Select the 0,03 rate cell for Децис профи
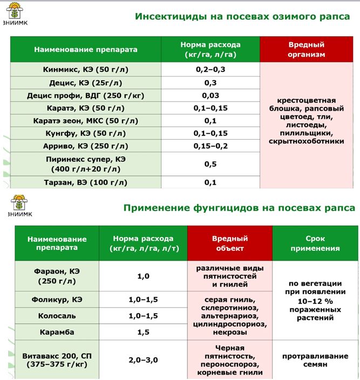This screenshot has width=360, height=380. [x=210, y=95]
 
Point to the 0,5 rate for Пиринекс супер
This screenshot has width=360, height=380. [x=210, y=164]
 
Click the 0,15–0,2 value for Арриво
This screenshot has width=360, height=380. [x=210, y=146]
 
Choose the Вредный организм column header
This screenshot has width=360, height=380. [x=306, y=49]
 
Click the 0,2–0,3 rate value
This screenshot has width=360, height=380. [x=210, y=70]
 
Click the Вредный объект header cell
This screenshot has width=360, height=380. [x=229, y=243]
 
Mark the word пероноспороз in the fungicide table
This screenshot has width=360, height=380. [x=230, y=363]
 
